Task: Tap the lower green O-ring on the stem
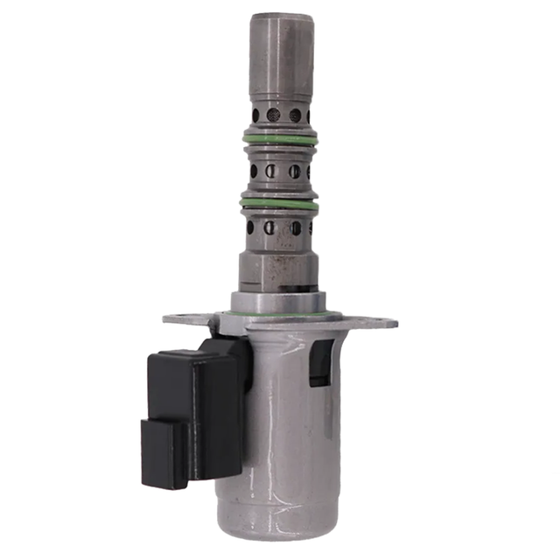(280, 204)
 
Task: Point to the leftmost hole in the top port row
(255, 114)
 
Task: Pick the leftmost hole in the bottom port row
(251, 228)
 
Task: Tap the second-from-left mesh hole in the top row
(272, 115)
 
